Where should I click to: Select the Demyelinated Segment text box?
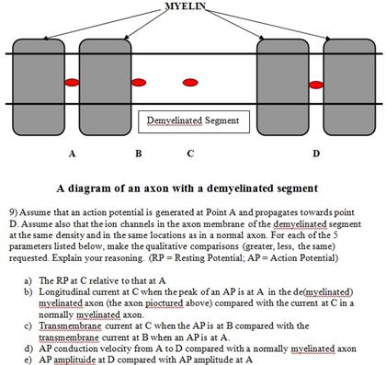click(x=193, y=121)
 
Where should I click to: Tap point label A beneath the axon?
click(x=71, y=153)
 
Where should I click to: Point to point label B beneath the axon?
click(x=138, y=153)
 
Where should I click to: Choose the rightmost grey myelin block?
click(x=348, y=84)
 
